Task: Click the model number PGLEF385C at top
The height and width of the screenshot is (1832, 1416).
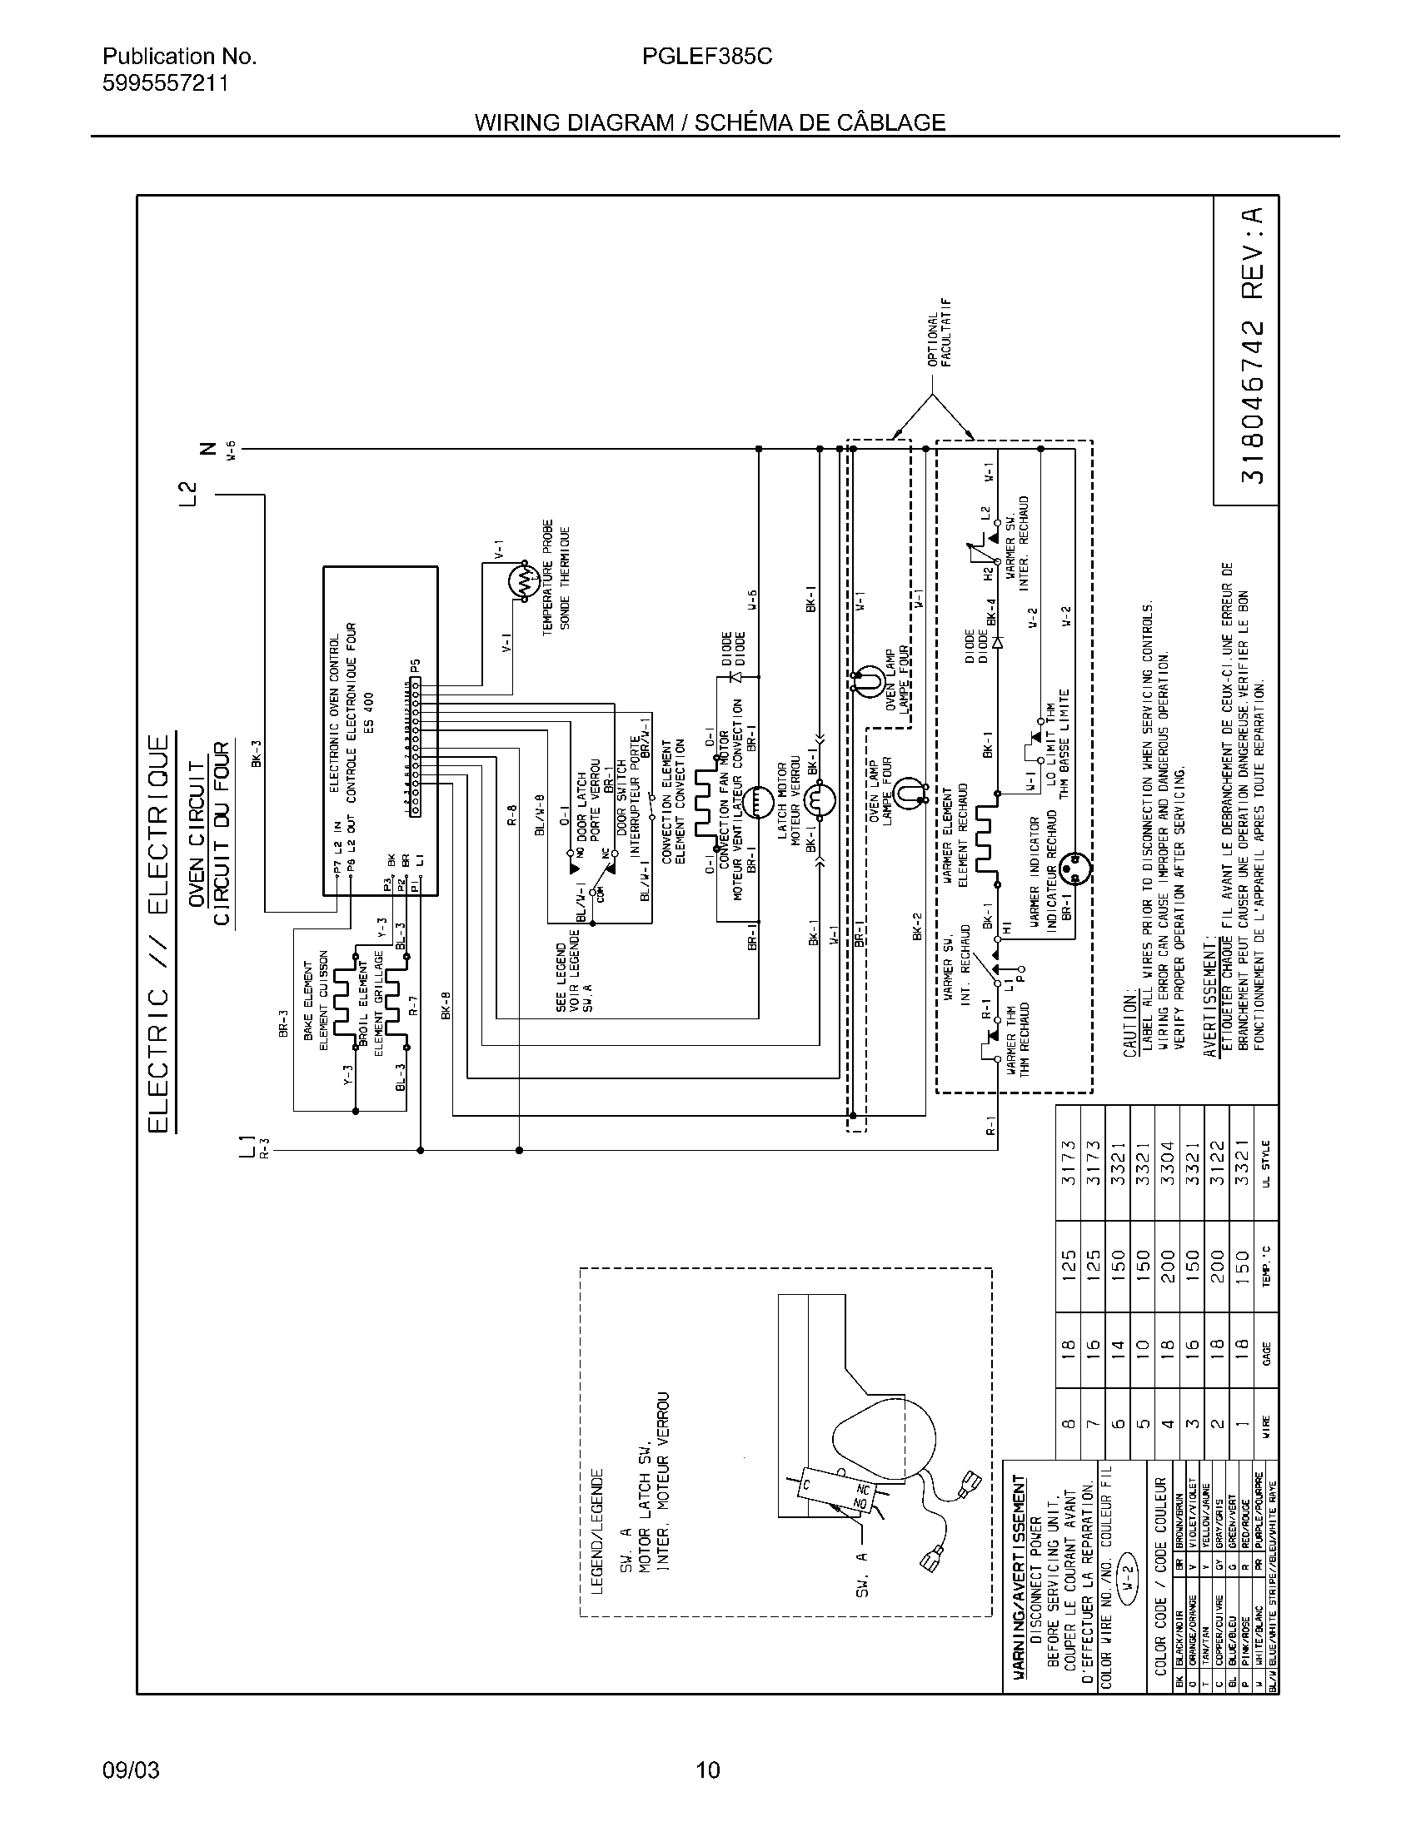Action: [x=707, y=56]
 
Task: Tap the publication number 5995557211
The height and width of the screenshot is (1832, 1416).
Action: [x=165, y=83]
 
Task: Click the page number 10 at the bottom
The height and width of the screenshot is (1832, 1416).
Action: [x=707, y=1770]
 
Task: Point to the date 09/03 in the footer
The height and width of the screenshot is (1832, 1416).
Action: [x=131, y=1770]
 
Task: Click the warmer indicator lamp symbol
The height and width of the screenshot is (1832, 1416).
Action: [x=1073, y=869]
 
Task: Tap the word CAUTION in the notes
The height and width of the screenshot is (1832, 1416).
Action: [x=1129, y=1022]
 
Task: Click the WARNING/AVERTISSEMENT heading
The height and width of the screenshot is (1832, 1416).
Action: [x=1019, y=1576]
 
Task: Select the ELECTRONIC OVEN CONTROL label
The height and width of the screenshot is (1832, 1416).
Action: [x=334, y=714]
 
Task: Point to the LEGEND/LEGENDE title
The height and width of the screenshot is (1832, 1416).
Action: [x=597, y=1531]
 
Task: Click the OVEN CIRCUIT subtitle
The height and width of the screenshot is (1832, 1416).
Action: [x=197, y=834]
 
